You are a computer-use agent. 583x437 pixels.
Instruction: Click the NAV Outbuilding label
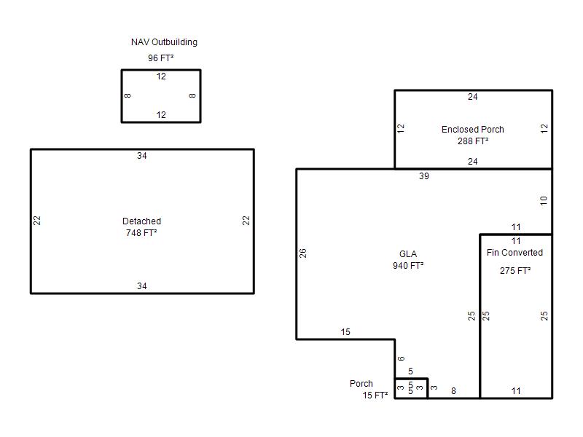[164, 42]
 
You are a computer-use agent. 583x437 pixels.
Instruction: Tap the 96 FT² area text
[160, 58]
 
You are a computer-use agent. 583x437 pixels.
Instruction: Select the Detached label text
[141, 221]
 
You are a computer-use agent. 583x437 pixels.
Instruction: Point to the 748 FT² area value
[141, 233]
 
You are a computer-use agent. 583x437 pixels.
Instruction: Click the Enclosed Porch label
[472, 130]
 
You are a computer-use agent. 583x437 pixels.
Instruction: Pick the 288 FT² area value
[473, 141]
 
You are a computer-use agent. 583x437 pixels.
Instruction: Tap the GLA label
[408, 253]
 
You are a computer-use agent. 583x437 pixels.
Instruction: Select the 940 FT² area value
[408, 266]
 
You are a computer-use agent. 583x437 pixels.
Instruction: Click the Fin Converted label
[514, 253]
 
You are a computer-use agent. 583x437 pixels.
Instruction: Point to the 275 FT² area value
[515, 270]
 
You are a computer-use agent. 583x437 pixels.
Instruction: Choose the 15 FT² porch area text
[375, 395]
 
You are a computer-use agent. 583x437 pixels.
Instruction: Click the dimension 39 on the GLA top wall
[424, 176]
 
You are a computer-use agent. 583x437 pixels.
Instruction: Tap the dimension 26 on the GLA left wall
[303, 253]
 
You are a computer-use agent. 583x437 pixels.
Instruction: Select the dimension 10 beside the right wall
[544, 201]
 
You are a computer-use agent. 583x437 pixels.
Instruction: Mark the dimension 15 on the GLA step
[345, 332]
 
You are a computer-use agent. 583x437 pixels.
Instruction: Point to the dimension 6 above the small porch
[401, 358]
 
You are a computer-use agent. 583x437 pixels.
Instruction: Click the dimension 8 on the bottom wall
[453, 391]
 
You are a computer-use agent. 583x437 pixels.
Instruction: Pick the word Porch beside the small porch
[361, 384]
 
